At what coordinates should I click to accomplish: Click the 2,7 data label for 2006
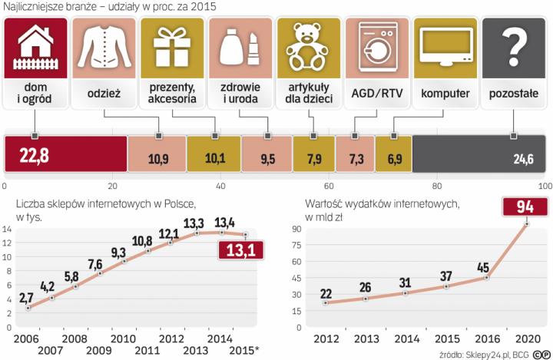[x=26, y=296]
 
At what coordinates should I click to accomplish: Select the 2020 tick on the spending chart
[x=526, y=338]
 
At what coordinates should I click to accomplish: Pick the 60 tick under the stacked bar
[x=329, y=187]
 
